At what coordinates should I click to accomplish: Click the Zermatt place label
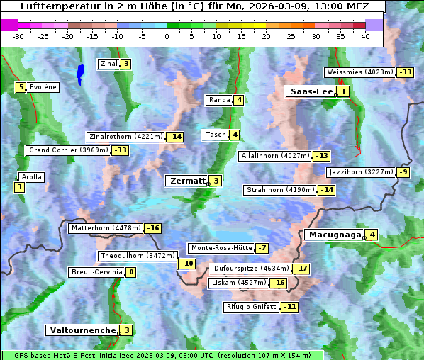pos(186,181)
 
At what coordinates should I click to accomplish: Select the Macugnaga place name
pos(333,235)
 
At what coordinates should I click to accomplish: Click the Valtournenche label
pos(82,330)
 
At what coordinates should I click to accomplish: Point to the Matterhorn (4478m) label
pos(105,228)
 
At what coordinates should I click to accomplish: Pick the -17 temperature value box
pos(302,269)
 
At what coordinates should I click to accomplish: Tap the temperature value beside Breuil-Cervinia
pos(131,272)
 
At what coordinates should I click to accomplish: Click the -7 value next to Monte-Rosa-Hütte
pos(262,248)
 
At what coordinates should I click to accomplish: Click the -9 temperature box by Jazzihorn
pos(404,172)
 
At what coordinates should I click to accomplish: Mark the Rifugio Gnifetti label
pos(251,307)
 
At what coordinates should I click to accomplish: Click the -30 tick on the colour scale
pos(18,35)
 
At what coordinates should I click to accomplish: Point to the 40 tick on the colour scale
pos(365,35)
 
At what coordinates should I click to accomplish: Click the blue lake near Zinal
pos(80,73)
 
